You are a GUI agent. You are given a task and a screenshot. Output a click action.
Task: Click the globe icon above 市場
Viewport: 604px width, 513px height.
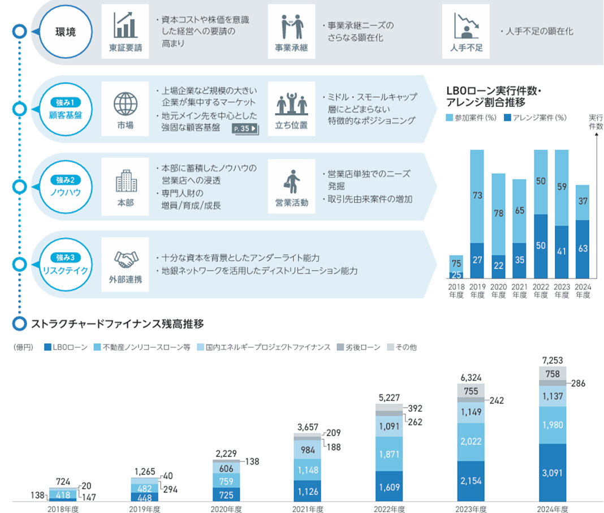point(126,104)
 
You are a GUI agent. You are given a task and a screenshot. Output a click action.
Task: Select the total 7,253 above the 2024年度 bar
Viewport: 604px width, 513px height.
point(553,360)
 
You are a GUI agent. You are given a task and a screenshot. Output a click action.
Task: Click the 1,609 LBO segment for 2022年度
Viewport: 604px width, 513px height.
point(389,486)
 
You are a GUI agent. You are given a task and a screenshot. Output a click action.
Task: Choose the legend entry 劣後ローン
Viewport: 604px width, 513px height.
point(360,347)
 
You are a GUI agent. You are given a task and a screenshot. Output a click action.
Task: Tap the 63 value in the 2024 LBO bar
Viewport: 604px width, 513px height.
point(583,249)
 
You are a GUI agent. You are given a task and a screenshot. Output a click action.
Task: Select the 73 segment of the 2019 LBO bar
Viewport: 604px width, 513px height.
point(477,196)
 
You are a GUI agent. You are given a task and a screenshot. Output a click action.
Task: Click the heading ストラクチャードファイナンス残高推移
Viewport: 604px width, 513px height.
point(113,324)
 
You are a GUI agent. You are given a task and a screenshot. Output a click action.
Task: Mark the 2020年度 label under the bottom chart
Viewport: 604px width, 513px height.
point(226,508)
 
